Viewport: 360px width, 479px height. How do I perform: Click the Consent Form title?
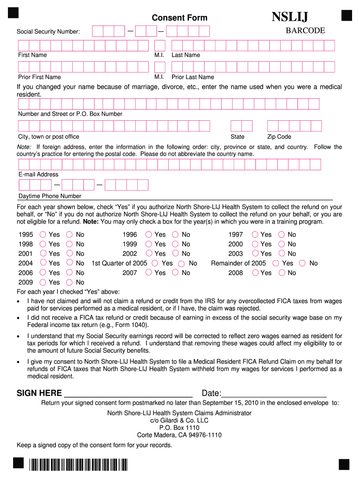(180, 18)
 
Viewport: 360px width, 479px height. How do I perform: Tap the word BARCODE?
(305, 30)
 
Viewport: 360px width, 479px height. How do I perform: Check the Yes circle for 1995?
(43, 234)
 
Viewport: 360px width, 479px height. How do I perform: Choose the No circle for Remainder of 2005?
(302, 263)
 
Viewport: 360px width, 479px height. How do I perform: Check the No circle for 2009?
(69, 282)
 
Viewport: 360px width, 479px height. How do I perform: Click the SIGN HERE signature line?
(128, 393)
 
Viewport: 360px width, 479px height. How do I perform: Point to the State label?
(238, 137)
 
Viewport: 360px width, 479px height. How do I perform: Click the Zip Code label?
(279, 137)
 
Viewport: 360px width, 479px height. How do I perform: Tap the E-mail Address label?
(38, 174)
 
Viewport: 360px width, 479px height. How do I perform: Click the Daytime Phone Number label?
(50, 196)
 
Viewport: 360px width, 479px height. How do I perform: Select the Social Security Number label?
(48, 32)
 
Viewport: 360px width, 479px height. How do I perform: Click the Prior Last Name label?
(193, 77)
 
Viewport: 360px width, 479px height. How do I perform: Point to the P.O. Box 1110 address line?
(179, 428)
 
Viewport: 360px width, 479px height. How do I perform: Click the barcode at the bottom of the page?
(78, 464)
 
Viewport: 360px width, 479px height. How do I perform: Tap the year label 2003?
(236, 254)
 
